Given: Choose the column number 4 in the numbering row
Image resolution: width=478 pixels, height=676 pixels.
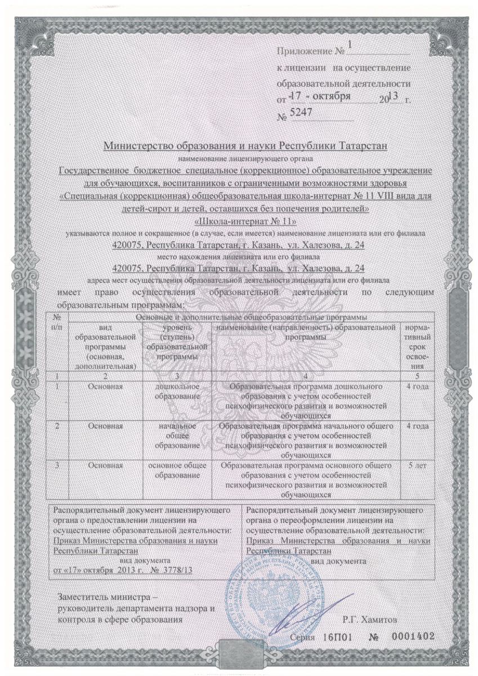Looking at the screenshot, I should point(305,376).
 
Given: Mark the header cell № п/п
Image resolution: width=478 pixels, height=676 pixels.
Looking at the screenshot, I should point(57,323).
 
